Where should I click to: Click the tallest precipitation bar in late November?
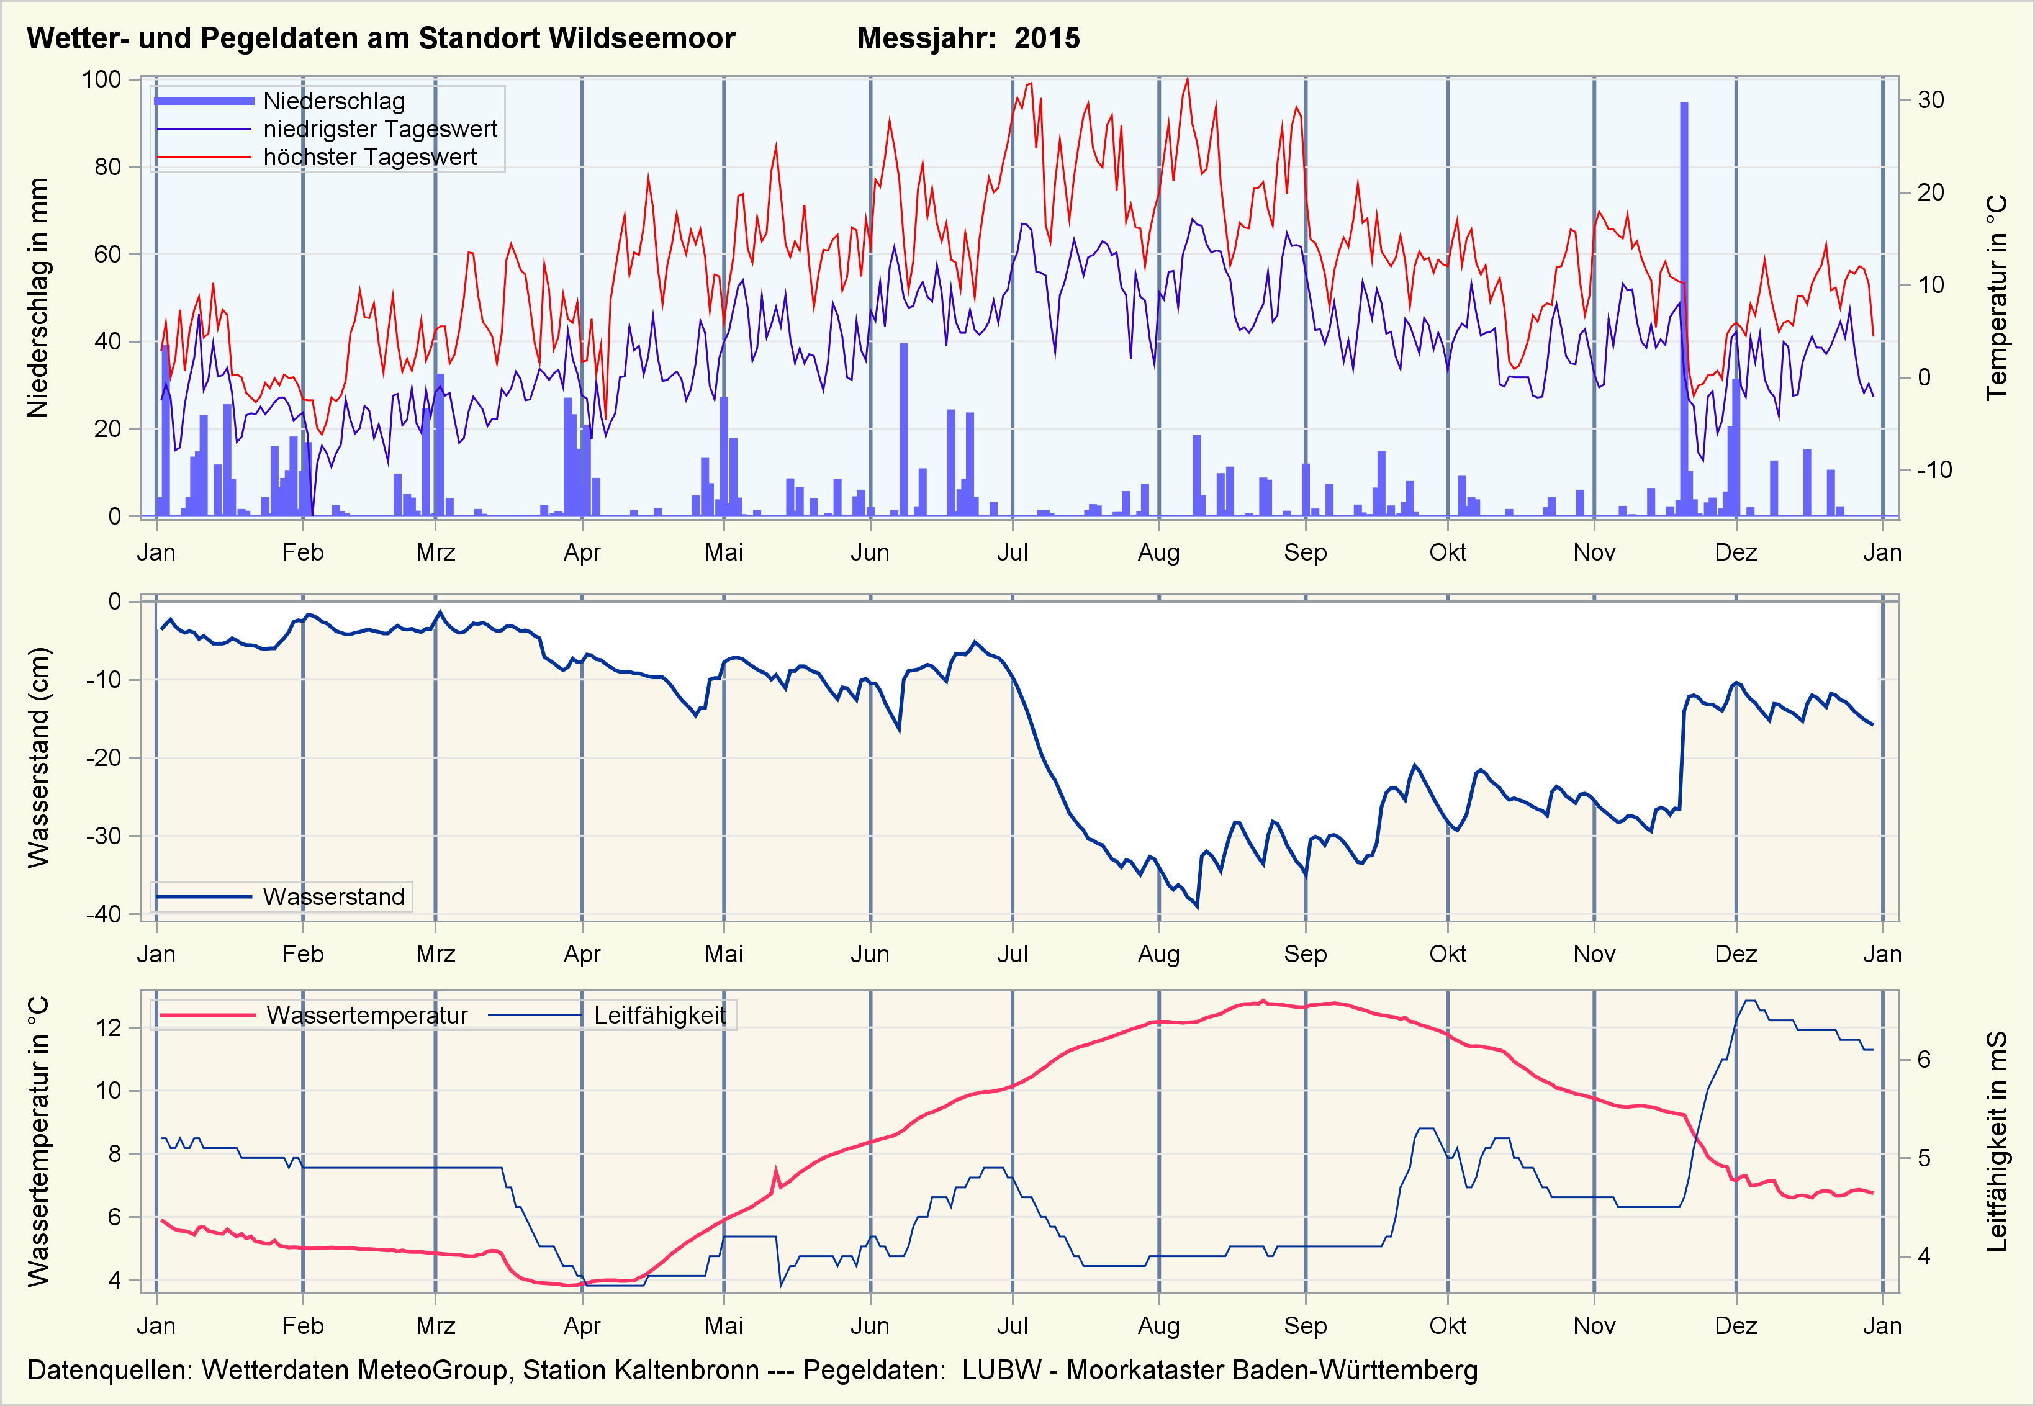click(x=1684, y=309)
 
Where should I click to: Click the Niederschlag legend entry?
click(x=334, y=101)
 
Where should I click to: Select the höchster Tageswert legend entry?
click(x=370, y=157)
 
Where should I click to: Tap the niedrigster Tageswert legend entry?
click(x=380, y=130)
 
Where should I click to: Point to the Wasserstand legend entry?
click(x=333, y=897)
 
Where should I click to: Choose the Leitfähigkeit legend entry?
click(x=659, y=1016)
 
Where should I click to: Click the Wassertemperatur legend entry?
click(x=366, y=1016)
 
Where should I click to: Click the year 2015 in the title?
click(x=1047, y=38)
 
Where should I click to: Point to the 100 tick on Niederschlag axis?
click(x=101, y=79)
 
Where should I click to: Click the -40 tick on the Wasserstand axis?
click(x=103, y=914)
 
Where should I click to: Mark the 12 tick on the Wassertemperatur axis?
click(x=109, y=1028)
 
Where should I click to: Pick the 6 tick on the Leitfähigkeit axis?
click(x=1924, y=1060)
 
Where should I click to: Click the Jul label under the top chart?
click(x=1012, y=552)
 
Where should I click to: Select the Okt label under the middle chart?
click(x=1447, y=954)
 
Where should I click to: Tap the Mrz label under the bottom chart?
click(x=435, y=1326)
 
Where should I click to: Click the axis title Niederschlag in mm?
click(x=38, y=298)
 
